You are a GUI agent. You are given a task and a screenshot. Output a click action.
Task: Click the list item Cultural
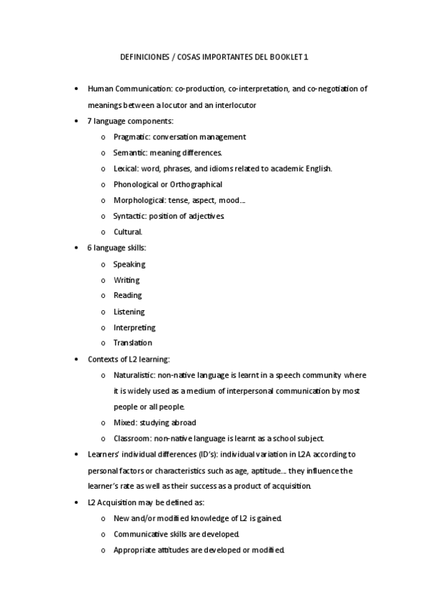[128, 232]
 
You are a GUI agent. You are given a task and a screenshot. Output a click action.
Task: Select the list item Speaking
[129, 264]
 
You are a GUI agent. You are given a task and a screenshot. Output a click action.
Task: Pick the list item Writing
[126, 280]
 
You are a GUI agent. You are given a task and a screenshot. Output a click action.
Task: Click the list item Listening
[129, 312]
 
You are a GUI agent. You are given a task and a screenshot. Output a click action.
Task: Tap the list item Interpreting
[134, 327]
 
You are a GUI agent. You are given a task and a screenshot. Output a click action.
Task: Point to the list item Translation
[132, 343]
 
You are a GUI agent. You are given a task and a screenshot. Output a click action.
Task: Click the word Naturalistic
[134, 374]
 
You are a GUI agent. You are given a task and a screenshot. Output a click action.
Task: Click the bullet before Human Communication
[77, 89]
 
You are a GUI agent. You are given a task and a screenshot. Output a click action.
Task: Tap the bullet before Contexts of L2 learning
[77, 359]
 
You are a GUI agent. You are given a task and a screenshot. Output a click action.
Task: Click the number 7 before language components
[89, 121]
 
